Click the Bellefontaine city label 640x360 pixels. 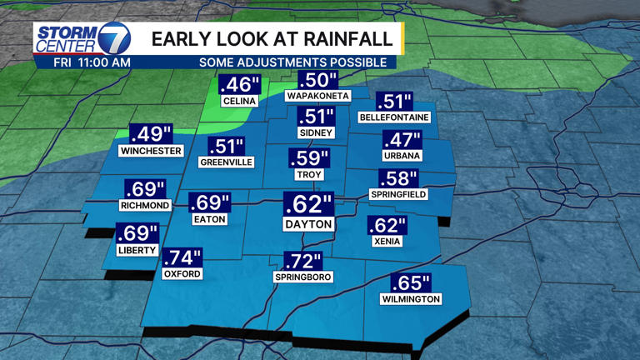[x=393, y=117]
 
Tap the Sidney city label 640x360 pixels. [x=315, y=132]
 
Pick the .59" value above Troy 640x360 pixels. [x=308, y=158]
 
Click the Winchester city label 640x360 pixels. [x=151, y=152]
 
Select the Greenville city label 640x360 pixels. [x=226, y=162]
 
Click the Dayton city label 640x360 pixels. [x=308, y=224]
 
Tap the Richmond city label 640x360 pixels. [x=145, y=205]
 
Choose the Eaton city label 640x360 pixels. [x=208, y=219]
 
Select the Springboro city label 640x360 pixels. [x=303, y=277]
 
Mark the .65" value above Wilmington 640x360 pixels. [x=411, y=283]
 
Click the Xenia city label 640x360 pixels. [x=387, y=242]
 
